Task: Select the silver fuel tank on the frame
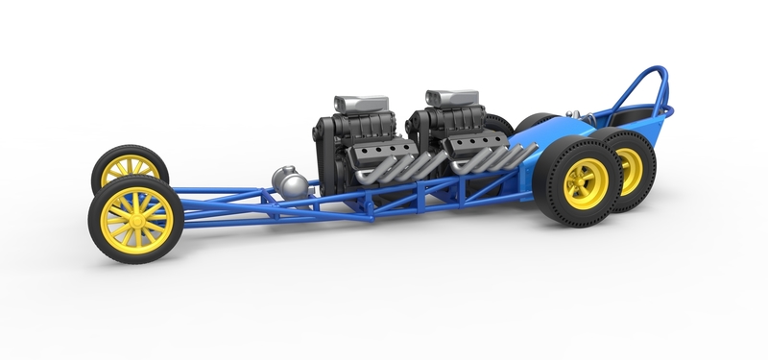[289, 181]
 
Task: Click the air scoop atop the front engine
[360, 104]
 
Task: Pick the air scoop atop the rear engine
[451, 98]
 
